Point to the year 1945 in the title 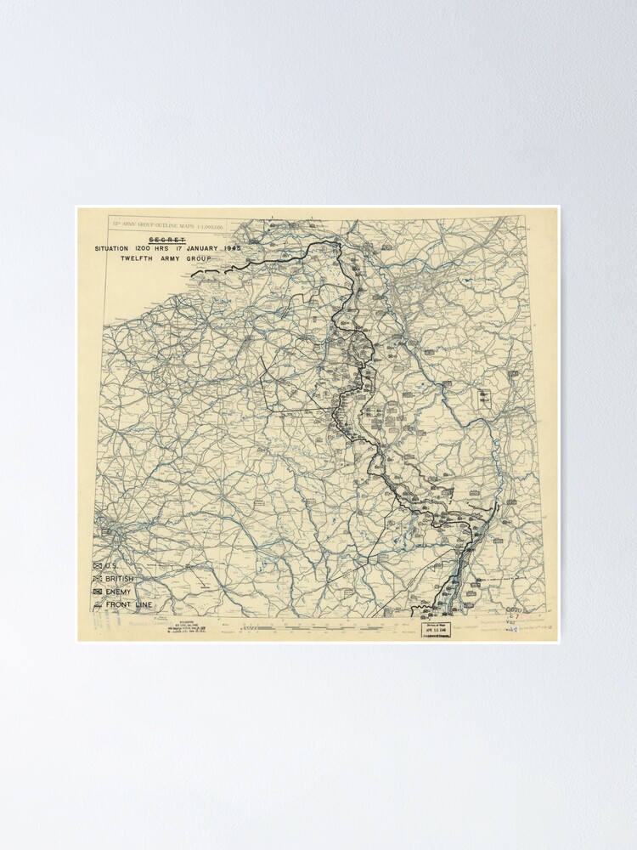[229, 248]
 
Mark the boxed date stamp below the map [437, 630]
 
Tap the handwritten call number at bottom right [514, 620]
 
